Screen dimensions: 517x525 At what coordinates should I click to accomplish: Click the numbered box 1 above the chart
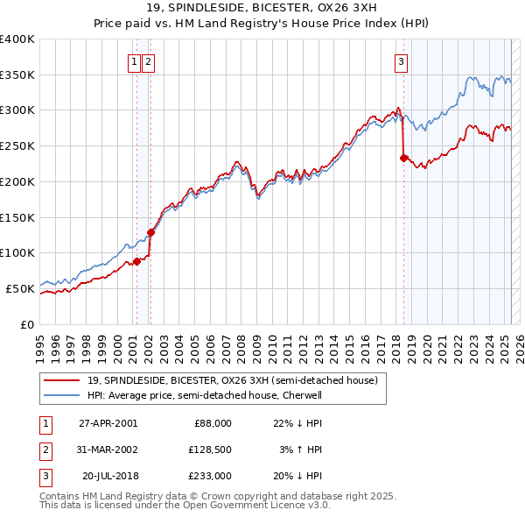click(135, 61)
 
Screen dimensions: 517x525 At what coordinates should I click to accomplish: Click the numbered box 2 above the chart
click(148, 61)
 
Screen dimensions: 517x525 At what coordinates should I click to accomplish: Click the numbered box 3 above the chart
click(401, 61)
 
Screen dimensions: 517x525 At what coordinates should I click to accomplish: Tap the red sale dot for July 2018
click(403, 159)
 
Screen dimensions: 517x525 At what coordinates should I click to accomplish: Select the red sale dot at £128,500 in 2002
click(150, 232)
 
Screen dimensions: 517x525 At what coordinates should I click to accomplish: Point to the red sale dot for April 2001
click(136, 261)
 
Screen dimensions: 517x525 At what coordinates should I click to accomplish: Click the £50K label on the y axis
click(20, 288)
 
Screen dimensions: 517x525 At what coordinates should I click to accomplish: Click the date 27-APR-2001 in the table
click(108, 423)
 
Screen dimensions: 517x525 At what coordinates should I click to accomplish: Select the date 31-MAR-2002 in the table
click(108, 450)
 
